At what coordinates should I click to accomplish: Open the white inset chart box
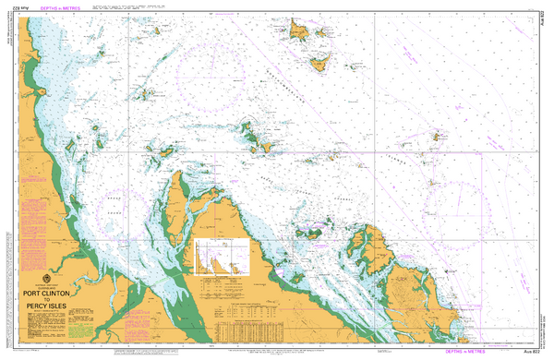point(223,258)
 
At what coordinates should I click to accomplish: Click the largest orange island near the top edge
point(299,31)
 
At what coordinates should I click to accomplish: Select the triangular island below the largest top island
point(320,65)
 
